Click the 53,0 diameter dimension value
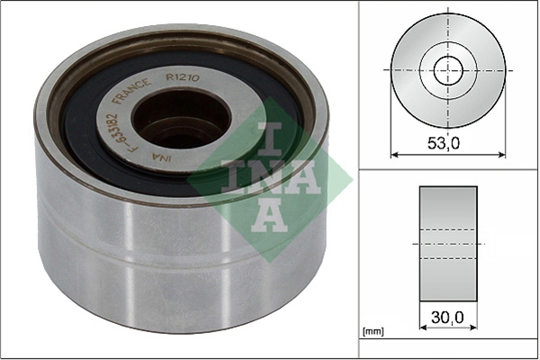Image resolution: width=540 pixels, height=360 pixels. coord(444,143)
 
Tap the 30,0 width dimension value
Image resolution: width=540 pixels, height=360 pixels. coord(447,318)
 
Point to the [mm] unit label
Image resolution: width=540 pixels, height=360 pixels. coord(373,332)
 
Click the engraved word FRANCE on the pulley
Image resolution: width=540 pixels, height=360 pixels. coord(132,92)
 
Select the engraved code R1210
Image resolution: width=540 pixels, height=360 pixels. coord(183,77)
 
